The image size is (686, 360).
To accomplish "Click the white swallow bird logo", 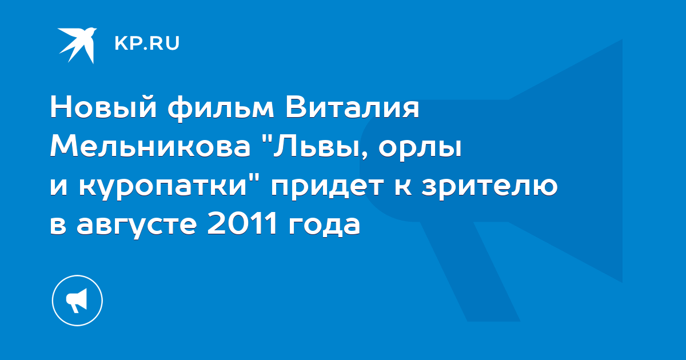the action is (77, 45).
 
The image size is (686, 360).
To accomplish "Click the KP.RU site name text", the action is (147, 43).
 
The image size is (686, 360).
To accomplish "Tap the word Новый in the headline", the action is (103, 108).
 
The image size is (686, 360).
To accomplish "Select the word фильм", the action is (221, 109).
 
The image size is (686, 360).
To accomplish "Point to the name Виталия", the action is (352, 108).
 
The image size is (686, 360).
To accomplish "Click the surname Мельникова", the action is (150, 147).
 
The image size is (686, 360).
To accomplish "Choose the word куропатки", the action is (163, 187).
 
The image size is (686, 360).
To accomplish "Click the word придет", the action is (327, 187).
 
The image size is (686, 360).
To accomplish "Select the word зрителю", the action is (489, 187).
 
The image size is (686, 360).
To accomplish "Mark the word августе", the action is (137, 226).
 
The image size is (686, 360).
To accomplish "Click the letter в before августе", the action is (58, 225).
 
